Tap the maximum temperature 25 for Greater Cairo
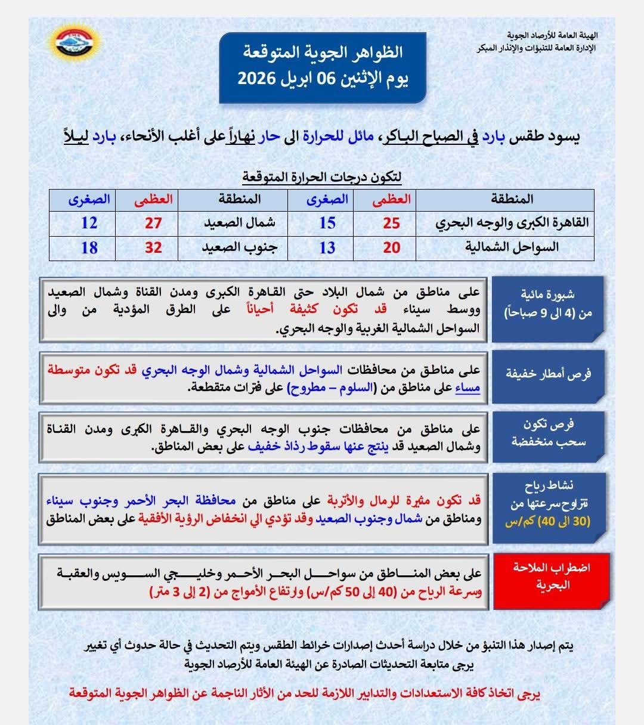pyautogui.click(x=391, y=223)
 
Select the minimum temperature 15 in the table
pyautogui.click(x=327, y=223)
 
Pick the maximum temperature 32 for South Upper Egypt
pyautogui.click(x=153, y=247)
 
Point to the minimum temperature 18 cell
pyautogui.click(x=89, y=247)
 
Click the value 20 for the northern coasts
pyautogui.click(x=391, y=247)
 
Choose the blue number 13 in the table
pyautogui.click(x=327, y=247)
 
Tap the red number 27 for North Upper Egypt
pyautogui.click(x=153, y=223)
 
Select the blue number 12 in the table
pyautogui.click(x=89, y=223)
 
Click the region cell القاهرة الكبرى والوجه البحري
pyautogui.click(x=512, y=223)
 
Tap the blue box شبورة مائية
pyautogui.click(x=547, y=304)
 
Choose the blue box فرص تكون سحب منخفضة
pyautogui.click(x=548, y=433)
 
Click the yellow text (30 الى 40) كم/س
pyautogui.click(x=547, y=522)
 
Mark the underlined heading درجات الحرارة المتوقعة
pyautogui.click(x=321, y=177)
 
